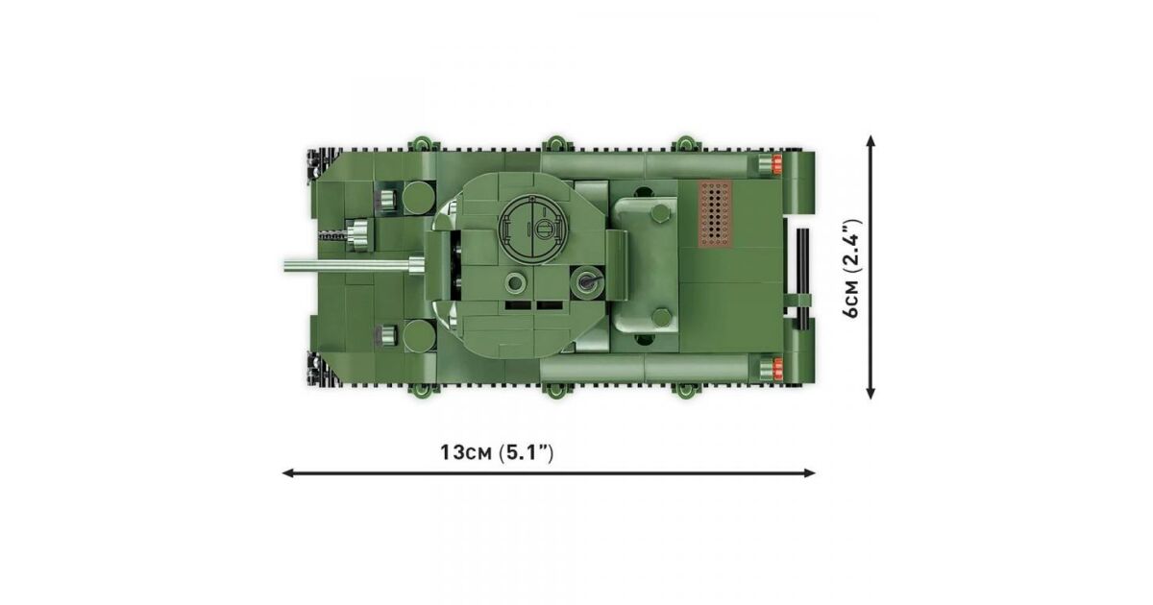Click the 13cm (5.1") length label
[x=497, y=452]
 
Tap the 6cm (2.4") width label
[x=852, y=269]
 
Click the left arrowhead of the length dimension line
[x=288, y=472]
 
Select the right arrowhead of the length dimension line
[x=810, y=472]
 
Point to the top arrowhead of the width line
[x=871, y=141]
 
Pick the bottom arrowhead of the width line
[x=871, y=393]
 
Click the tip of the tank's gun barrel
[x=285, y=266]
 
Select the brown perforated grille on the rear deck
[x=716, y=213]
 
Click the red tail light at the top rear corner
[x=776, y=164]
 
